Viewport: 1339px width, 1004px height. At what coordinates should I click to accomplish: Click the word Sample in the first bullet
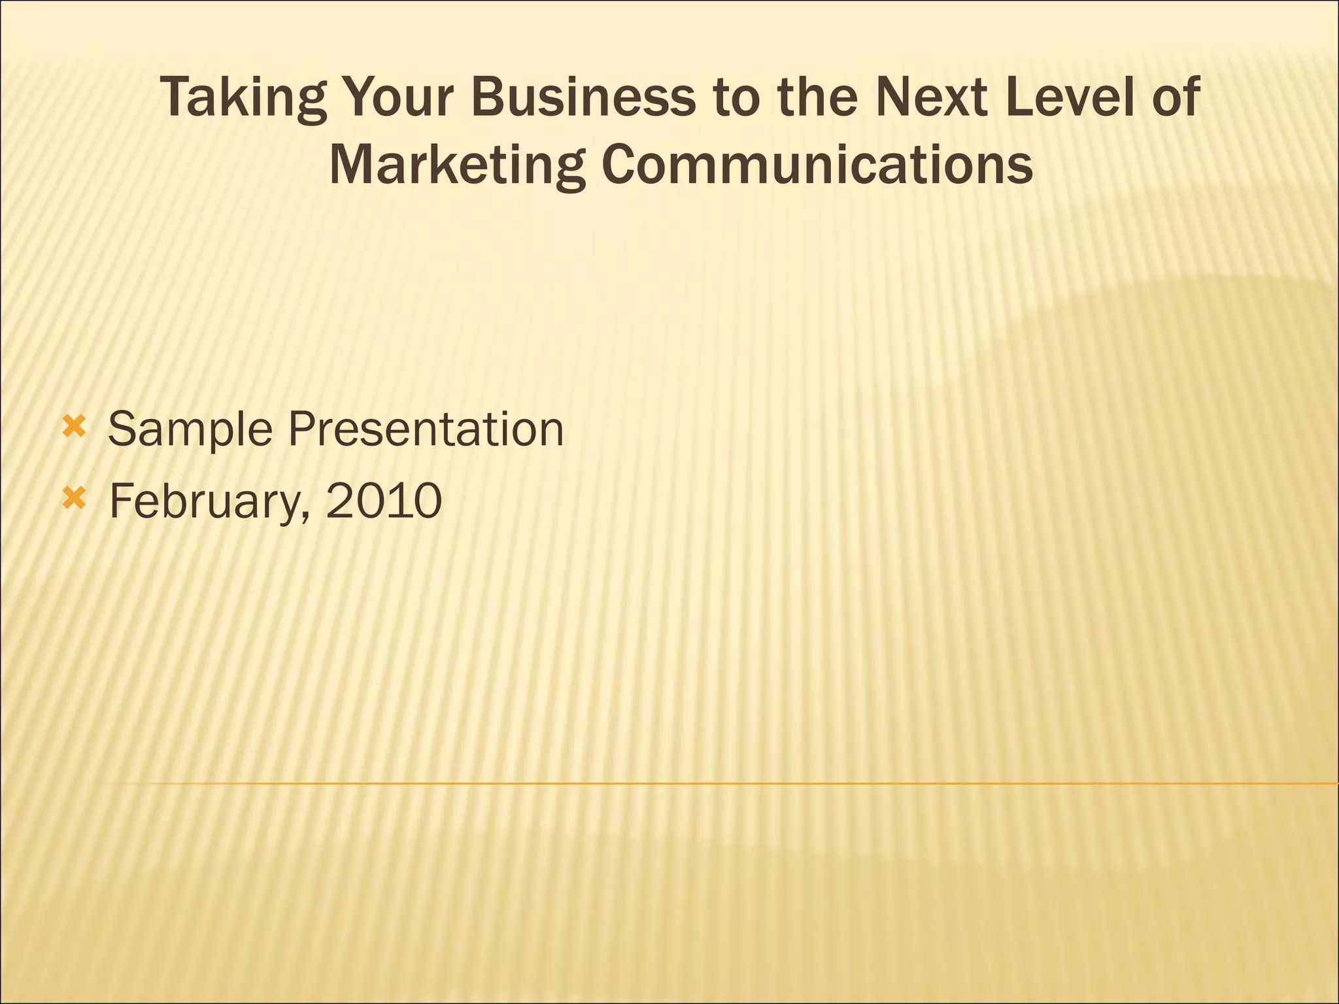pyautogui.click(x=190, y=430)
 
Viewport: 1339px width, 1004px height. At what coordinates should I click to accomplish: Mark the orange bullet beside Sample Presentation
pyautogui.click(x=74, y=428)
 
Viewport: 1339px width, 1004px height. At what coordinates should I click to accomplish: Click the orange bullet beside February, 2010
pyautogui.click(x=74, y=499)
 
